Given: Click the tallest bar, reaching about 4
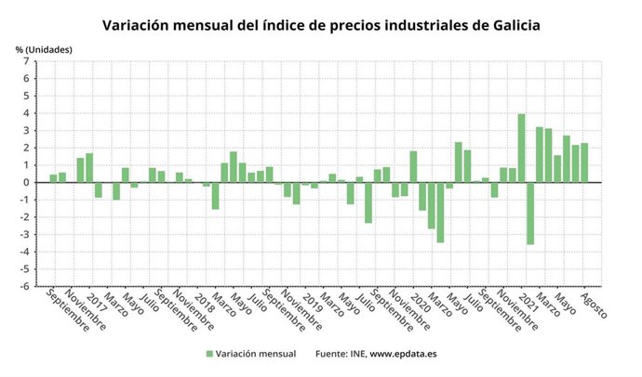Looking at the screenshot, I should point(521,149).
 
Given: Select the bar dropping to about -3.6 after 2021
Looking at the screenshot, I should point(530,213).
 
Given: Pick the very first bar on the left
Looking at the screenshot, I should point(53,178).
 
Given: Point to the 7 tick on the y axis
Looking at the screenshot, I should point(28,61).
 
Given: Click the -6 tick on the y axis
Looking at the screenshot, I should point(26,286).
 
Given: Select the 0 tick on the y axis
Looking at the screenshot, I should point(28,182).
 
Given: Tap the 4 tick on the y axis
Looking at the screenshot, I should point(28,113).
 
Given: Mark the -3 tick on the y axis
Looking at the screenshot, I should point(26,234).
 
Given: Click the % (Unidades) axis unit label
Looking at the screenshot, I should point(44,47).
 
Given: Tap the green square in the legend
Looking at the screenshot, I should point(209,354).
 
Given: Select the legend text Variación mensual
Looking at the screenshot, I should point(256,354).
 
